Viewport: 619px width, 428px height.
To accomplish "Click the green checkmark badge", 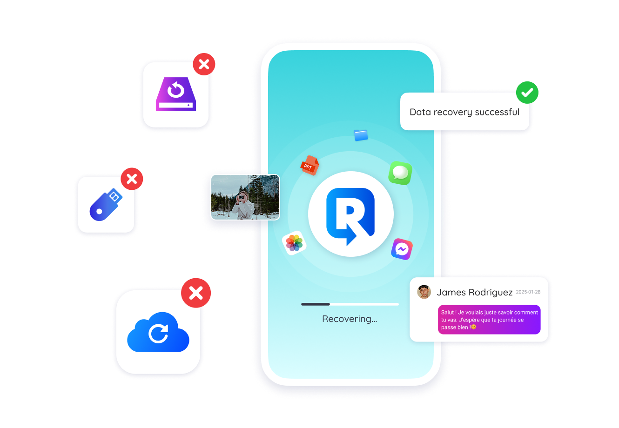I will (x=527, y=93).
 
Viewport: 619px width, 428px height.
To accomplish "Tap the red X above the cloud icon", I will (x=196, y=293).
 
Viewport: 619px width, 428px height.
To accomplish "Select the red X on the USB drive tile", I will (x=132, y=179).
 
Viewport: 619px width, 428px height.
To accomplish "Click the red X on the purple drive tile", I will (x=204, y=64).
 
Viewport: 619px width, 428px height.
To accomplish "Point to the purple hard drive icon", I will (x=176, y=94).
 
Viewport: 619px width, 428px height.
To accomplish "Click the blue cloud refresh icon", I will (x=158, y=332).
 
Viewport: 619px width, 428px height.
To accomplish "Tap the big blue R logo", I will (x=350, y=214).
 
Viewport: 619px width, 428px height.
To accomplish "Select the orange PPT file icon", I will (x=309, y=165).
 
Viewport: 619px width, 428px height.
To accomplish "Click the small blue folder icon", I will (x=361, y=135).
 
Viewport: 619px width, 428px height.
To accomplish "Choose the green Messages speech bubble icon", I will (x=400, y=173).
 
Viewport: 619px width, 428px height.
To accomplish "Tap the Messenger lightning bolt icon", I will (x=402, y=249).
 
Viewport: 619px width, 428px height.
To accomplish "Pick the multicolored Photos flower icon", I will (x=294, y=243).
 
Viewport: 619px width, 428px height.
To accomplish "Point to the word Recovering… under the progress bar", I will (x=350, y=319).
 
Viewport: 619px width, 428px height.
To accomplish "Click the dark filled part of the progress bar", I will (x=316, y=304).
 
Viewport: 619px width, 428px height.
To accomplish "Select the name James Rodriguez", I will (x=474, y=293).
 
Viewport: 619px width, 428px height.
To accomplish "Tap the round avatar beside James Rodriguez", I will (x=424, y=292).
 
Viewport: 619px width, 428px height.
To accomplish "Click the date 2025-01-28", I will (x=528, y=292).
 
